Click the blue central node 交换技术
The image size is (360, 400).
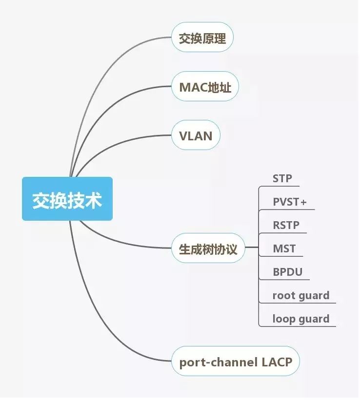click(x=67, y=199)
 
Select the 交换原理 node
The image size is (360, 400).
click(x=202, y=38)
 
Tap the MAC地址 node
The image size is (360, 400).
click(x=205, y=87)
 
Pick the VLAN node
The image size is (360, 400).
click(x=196, y=135)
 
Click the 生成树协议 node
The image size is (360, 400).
click(x=208, y=249)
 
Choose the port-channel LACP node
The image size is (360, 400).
click(x=235, y=362)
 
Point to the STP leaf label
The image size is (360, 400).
click(x=282, y=178)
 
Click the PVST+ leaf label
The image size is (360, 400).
click(x=290, y=202)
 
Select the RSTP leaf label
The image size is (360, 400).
click(x=286, y=225)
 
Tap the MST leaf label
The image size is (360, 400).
click(x=284, y=248)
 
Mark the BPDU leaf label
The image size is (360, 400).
click(x=287, y=272)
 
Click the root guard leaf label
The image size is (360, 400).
click(x=300, y=295)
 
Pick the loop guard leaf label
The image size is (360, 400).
click(x=300, y=319)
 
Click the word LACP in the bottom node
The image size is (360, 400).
click(x=276, y=362)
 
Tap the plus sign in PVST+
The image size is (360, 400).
click(x=303, y=202)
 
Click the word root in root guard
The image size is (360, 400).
click(x=282, y=295)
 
